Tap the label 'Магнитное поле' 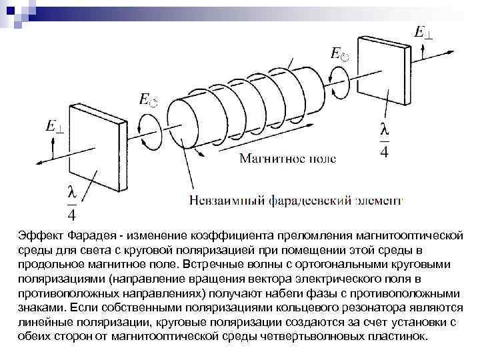287,159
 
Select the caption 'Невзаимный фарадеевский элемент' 296,199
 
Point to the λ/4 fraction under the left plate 72,203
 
